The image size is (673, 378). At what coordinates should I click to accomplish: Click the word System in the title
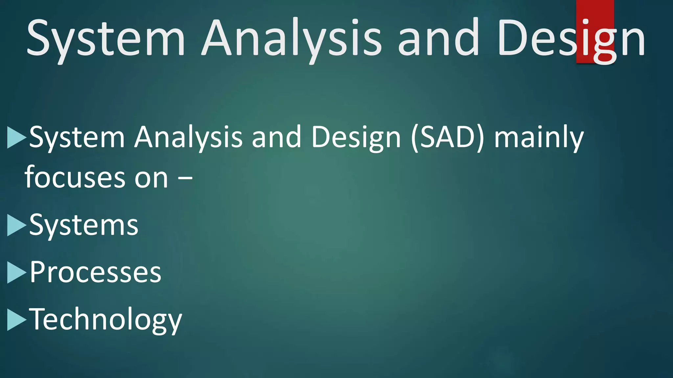coord(106,39)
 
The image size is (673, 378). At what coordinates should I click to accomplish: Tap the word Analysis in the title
coord(291,39)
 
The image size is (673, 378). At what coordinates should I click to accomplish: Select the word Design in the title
coord(571,39)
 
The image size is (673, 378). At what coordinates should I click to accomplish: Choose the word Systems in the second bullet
coord(84,226)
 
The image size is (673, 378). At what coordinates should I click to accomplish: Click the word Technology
coord(105,320)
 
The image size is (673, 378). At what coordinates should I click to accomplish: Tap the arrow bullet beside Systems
coord(16,225)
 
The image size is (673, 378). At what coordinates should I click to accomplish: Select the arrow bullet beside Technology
coord(16,320)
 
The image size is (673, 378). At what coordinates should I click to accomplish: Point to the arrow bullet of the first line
coord(16,137)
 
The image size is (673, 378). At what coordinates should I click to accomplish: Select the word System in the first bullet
coord(77,138)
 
